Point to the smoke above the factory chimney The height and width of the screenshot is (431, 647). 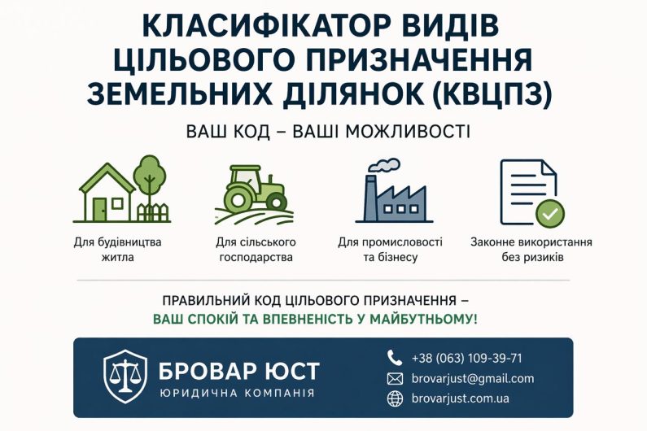(x=386, y=166)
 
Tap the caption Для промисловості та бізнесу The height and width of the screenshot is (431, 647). (x=390, y=249)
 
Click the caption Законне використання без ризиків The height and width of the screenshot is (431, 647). (x=531, y=249)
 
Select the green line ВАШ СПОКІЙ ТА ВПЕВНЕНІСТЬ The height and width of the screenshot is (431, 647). (x=316, y=319)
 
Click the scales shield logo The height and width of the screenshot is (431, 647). (x=125, y=377)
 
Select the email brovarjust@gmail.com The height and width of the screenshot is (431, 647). (x=473, y=378)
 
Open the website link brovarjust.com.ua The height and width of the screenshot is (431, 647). (x=461, y=398)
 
